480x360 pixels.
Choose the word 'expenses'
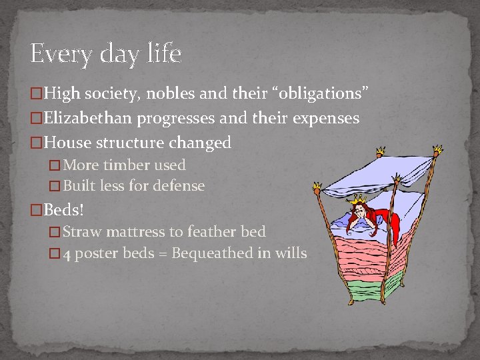[x=327, y=119]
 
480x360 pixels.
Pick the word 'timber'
[x=120, y=165]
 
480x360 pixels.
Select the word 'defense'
[x=179, y=186]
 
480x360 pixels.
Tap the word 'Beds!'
[x=64, y=210]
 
